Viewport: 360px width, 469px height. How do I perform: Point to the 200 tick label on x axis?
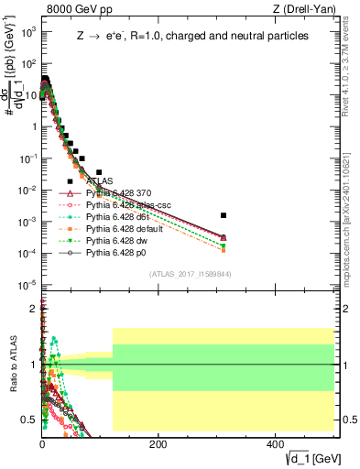click(x=158, y=443)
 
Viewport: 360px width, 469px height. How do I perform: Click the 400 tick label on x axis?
click(x=274, y=443)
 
